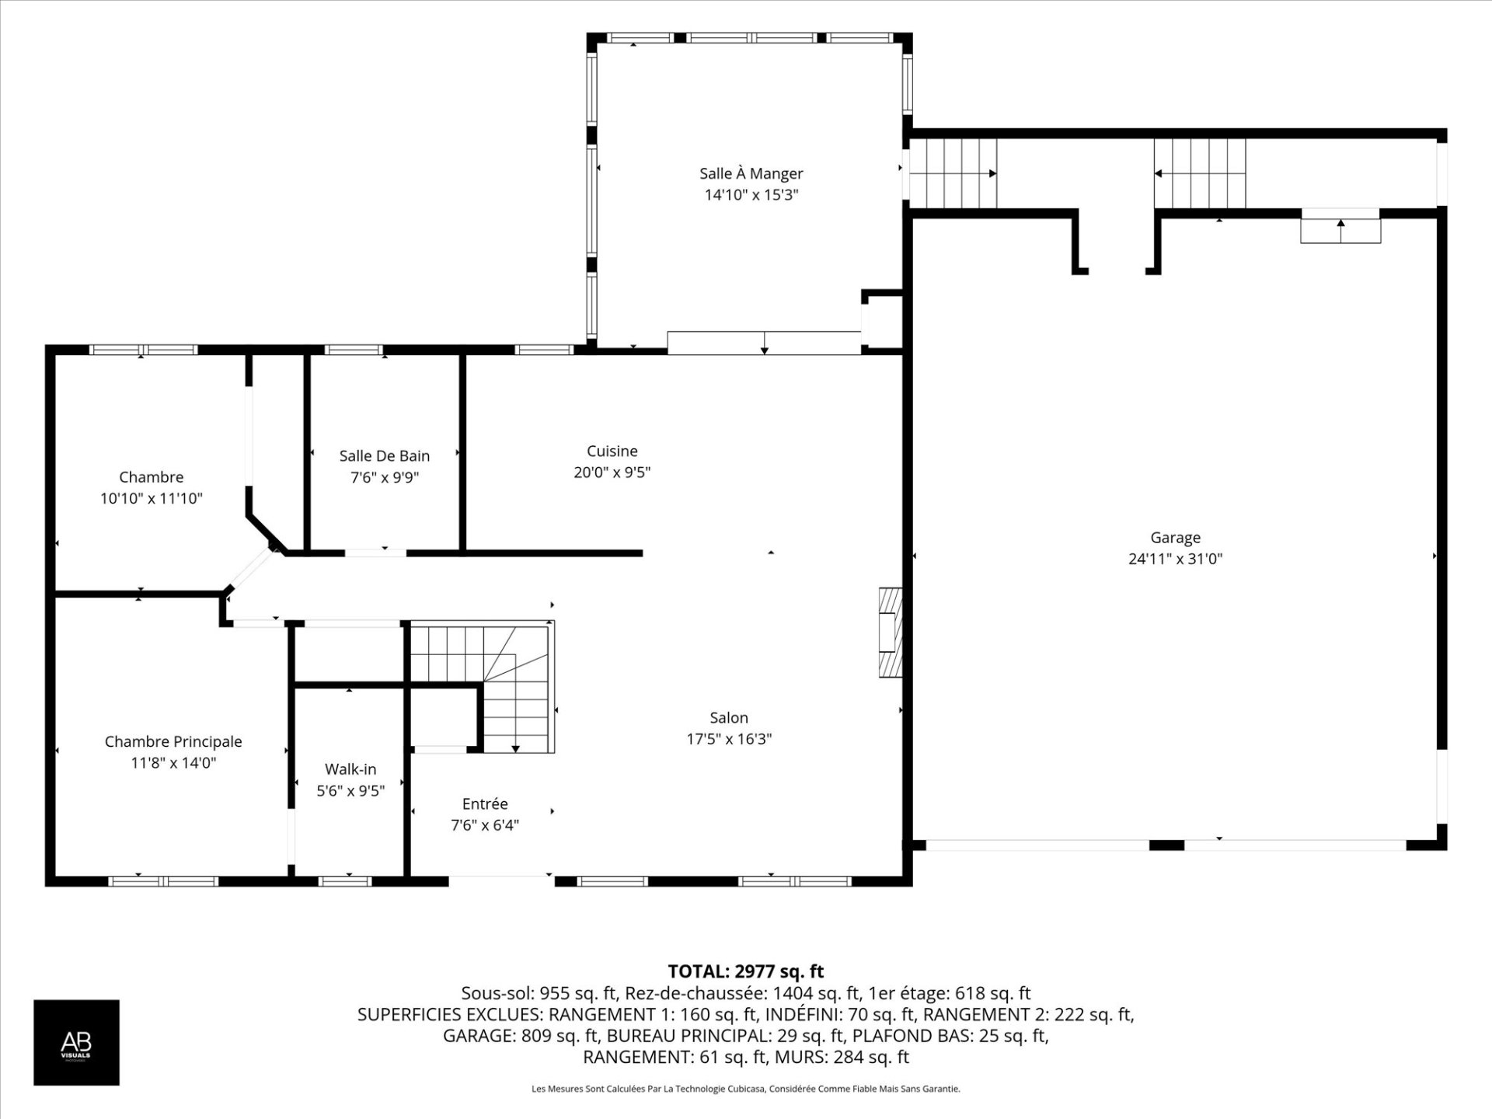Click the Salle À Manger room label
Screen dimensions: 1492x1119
(x=751, y=173)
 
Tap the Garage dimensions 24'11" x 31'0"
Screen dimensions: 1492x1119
(x=1175, y=559)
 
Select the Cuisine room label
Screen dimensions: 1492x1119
(x=612, y=451)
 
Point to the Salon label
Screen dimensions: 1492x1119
(x=729, y=718)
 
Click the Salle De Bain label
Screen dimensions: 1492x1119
(x=385, y=456)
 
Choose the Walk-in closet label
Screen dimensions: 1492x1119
(x=350, y=769)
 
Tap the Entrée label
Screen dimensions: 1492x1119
(x=485, y=804)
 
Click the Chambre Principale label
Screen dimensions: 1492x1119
(x=173, y=742)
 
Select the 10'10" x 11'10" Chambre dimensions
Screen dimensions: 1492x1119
(x=152, y=499)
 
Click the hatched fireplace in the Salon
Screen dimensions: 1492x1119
(x=891, y=632)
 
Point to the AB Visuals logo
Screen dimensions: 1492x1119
(x=76, y=1042)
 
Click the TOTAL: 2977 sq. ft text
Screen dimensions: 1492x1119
(x=746, y=971)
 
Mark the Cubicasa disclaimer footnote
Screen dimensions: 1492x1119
(x=746, y=1089)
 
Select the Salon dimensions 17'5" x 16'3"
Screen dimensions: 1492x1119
(x=729, y=739)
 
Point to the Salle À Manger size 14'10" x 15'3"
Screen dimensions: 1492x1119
(x=751, y=195)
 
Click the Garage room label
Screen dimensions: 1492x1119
(x=1175, y=538)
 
